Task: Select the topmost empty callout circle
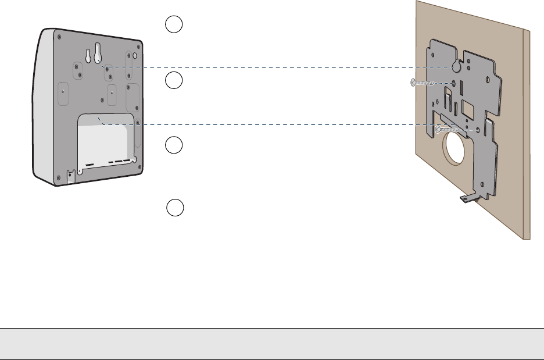click(174, 24)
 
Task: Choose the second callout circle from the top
click(174, 81)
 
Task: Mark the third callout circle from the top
click(174, 145)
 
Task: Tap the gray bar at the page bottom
click(272, 344)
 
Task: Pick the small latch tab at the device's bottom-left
click(70, 175)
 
